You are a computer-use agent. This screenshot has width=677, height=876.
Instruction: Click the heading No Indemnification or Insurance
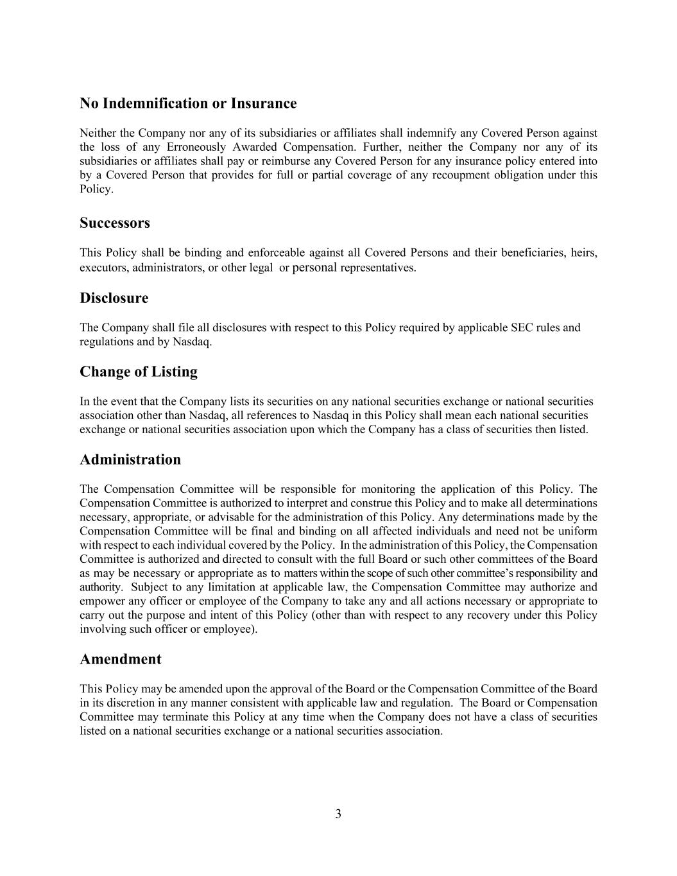[188, 103]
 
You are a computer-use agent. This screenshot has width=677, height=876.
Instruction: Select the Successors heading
[115, 223]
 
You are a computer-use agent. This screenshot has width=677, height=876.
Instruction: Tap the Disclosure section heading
[114, 298]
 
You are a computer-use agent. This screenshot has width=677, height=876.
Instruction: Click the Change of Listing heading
[139, 372]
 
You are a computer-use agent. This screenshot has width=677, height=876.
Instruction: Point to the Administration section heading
[130, 459]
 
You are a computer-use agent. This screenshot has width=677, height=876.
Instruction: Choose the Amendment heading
[121, 659]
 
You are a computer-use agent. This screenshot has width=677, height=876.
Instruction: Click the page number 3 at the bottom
[338, 814]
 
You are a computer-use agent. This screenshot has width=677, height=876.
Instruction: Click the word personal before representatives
[314, 268]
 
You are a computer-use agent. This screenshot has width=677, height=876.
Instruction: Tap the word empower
[99, 601]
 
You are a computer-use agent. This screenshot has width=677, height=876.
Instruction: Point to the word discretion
[120, 703]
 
